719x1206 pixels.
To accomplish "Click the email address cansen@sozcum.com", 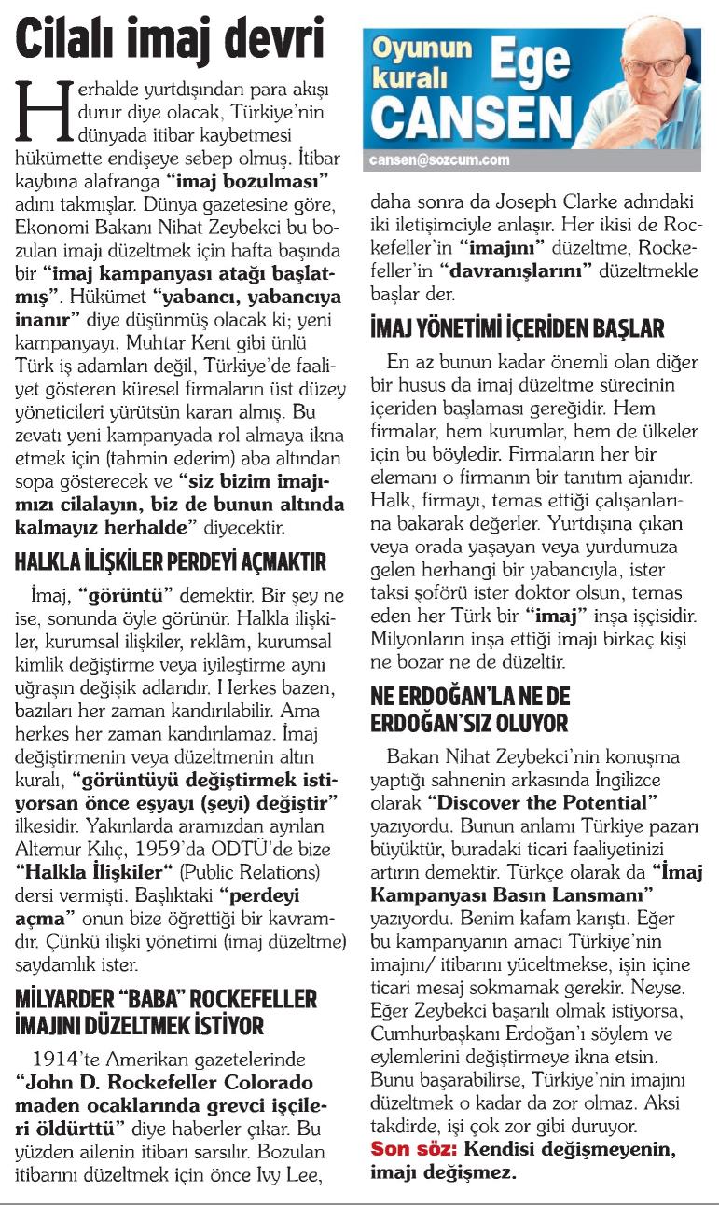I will [x=439, y=159].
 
